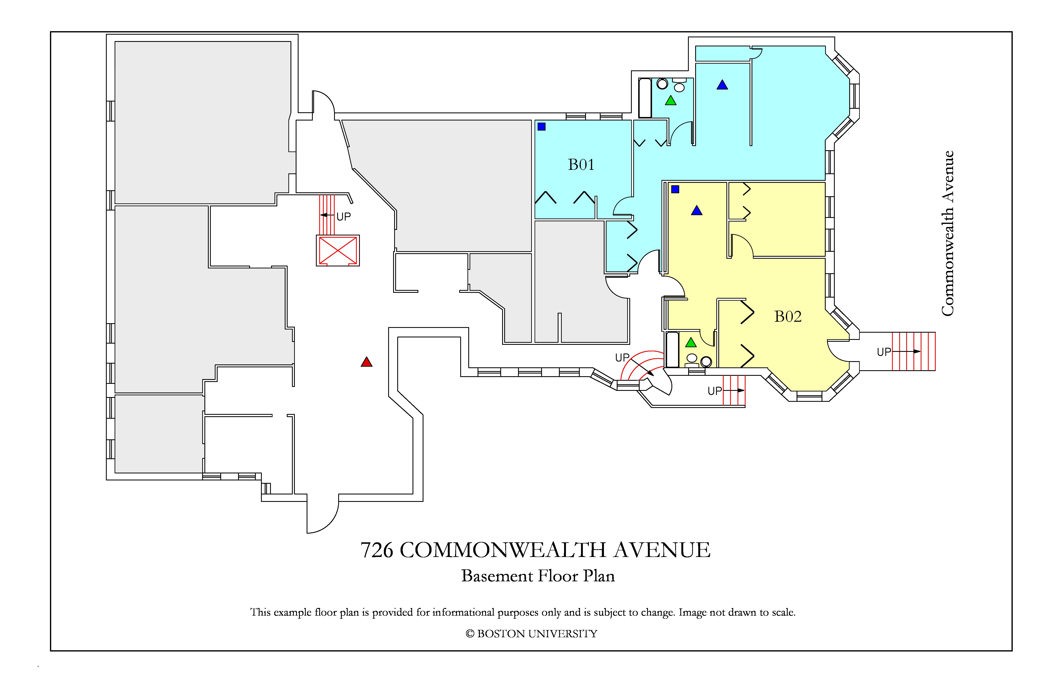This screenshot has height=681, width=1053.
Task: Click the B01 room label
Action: (x=581, y=164)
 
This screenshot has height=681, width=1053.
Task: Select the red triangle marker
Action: (x=366, y=362)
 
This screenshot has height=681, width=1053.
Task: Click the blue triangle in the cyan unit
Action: (x=722, y=85)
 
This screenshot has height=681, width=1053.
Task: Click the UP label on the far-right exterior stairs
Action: (x=884, y=352)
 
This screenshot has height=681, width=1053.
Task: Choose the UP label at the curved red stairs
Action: (x=622, y=357)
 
